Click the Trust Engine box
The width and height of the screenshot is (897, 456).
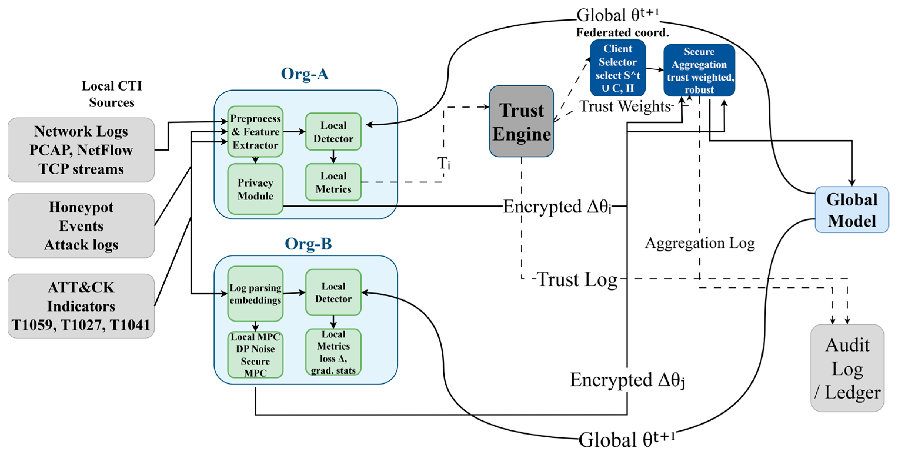tap(521, 121)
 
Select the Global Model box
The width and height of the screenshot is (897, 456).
tap(851, 210)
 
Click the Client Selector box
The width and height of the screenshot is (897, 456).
tap(617, 68)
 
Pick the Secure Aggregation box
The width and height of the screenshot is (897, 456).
tap(699, 70)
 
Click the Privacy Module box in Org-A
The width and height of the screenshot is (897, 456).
tap(255, 189)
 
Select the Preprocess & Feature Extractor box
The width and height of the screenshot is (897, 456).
tap(255, 132)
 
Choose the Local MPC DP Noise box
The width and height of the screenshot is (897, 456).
tap(255, 355)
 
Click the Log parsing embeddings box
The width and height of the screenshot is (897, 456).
tap(255, 294)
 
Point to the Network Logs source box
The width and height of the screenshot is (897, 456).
tap(81, 150)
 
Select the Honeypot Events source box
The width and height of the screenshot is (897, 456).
tap(81, 226)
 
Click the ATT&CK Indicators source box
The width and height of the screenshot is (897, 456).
tap(81, 306)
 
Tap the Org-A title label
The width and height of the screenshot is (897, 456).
tap(304, 74)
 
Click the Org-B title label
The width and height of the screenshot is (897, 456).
tap(308, 244)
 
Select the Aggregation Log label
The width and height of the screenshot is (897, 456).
tap(699, 243)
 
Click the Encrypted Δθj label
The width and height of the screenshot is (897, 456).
tap(627, 380)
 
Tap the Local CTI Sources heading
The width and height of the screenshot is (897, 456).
tap(112, 94)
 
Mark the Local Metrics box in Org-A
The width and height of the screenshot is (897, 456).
tap(333, 182)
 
